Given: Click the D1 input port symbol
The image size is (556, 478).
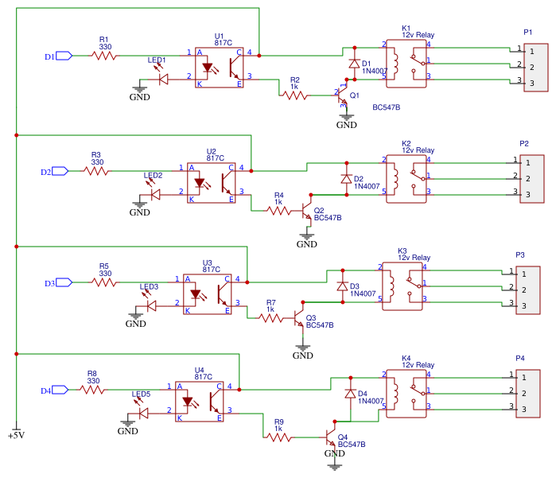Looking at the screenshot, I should click(x=64, y=56).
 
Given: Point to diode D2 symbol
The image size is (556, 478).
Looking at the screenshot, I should click(x=346, y=179).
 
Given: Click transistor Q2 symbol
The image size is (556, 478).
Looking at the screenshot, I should click(x=305, y=213).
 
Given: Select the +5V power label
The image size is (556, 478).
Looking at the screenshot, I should click(x=16, y=435).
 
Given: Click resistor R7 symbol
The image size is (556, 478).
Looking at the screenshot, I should click(x=270, y=318).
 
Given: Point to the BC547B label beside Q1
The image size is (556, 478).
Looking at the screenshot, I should click(x=386, y=107).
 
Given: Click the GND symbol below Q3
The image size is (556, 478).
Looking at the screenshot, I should click(x=302, y=351).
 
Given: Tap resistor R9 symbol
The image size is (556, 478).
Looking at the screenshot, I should click(x=278, y=437).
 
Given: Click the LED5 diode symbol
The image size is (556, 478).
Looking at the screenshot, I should click(x=143, y=413).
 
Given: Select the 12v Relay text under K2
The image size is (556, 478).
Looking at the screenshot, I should click(x=418, y=150).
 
